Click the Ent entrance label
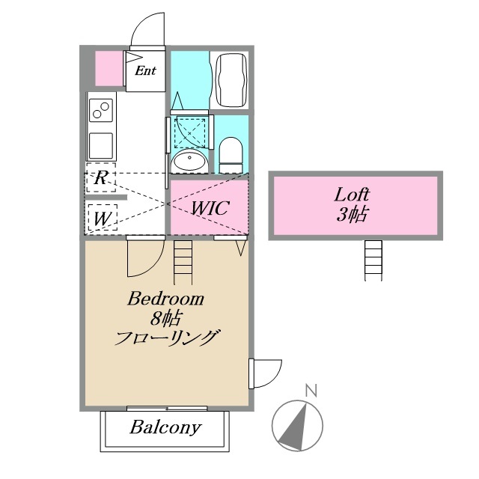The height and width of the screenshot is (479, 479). coord(144,72)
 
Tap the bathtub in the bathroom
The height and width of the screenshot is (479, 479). coord(229,80)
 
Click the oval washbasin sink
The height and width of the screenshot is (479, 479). coord(190,159)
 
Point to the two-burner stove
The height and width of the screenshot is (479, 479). coord(100,111)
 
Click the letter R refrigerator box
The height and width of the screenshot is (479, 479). coord(100,178)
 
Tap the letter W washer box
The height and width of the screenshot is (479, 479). coord(100,219)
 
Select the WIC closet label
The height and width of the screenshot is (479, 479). coord(210,207)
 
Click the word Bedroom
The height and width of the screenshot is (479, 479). coord(165,299)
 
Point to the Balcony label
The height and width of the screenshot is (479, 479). coord(165,428)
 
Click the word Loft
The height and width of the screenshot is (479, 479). coord(352,196)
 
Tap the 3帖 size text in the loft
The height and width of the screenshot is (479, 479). coord(352,216)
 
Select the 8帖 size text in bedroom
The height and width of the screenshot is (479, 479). coord(165,317)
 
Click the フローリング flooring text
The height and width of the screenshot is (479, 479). coord(165,338)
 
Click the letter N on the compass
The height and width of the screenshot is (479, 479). coord(310,390)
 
